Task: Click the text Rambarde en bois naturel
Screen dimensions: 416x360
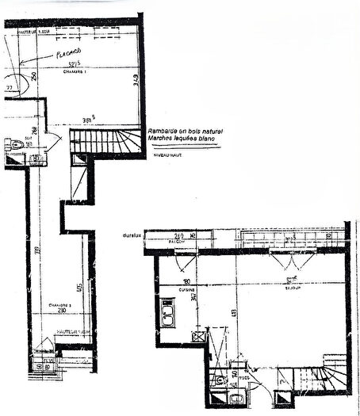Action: [x=186, y=129]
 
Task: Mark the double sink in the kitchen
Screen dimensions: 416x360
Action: [x=168, y=315]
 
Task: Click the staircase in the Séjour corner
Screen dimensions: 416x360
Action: [x=327, y=381]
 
